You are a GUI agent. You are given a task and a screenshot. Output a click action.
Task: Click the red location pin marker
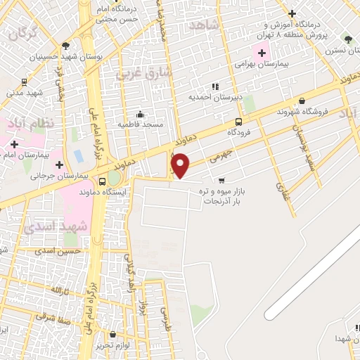181,165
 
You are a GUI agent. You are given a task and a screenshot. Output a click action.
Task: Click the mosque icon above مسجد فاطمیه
141,114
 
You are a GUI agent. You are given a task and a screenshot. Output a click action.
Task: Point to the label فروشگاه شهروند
303,112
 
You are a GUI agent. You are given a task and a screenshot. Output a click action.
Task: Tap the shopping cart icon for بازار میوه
222,180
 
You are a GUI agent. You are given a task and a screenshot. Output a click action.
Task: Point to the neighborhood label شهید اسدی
56,226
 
